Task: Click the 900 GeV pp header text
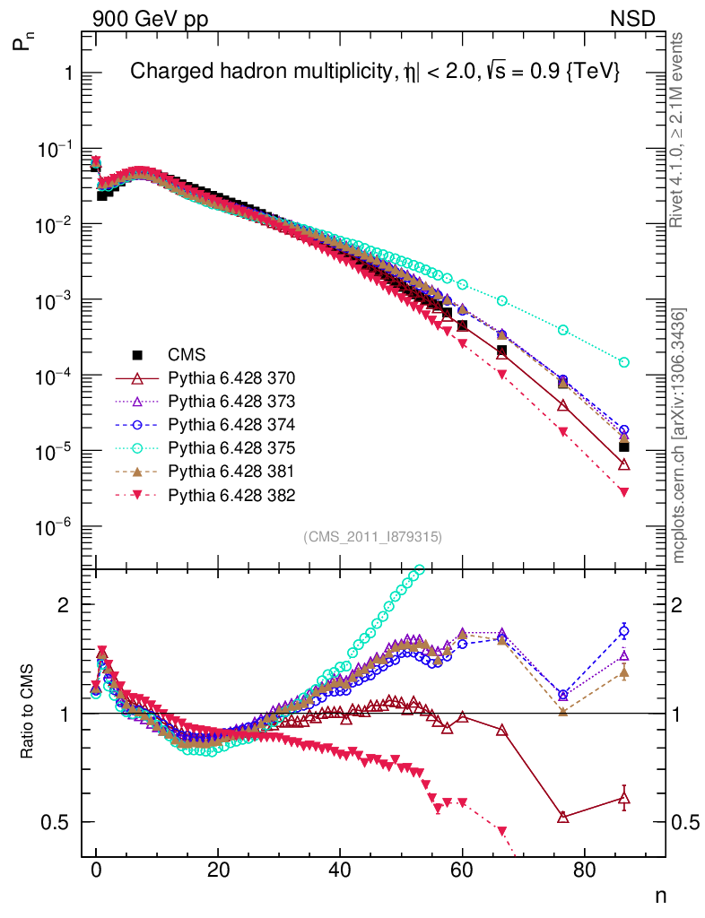pos(149,18)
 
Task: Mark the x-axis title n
pos(659,895)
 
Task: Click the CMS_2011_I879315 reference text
pos(372,536)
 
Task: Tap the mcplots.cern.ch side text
pos(680,436)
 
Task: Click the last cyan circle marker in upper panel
pos(623,362)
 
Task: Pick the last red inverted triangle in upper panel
pos(623,492)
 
